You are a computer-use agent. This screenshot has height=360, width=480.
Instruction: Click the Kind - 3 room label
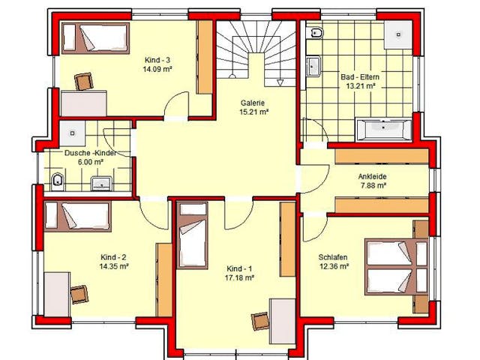157,60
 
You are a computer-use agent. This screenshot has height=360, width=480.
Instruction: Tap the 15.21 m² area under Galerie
253,112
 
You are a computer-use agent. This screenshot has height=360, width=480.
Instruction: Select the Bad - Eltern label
360,76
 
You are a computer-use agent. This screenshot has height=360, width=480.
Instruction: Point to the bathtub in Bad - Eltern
384,130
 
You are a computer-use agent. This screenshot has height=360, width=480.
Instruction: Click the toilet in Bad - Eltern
315,32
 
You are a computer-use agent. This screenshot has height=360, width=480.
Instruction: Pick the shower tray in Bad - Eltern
398,34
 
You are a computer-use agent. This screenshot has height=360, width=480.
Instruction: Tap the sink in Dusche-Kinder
102,184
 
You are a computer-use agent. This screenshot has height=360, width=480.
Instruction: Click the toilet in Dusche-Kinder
57,181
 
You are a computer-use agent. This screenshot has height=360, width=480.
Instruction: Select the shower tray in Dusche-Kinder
72,133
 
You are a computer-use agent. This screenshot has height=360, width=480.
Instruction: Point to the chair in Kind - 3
84,82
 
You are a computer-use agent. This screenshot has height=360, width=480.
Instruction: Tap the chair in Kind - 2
79,294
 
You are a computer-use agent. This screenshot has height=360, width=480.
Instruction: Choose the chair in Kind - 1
260,322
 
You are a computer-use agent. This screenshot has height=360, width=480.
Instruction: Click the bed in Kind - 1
192,235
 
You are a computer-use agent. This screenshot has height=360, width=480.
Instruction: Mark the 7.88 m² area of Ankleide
372,185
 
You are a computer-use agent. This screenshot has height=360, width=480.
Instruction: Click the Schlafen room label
333,256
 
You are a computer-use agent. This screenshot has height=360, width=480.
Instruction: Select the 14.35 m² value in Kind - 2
113,266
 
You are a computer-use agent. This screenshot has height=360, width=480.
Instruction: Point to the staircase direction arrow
280,82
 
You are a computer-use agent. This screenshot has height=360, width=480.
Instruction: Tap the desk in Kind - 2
57,294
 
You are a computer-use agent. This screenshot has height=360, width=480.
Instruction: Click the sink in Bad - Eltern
313,66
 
